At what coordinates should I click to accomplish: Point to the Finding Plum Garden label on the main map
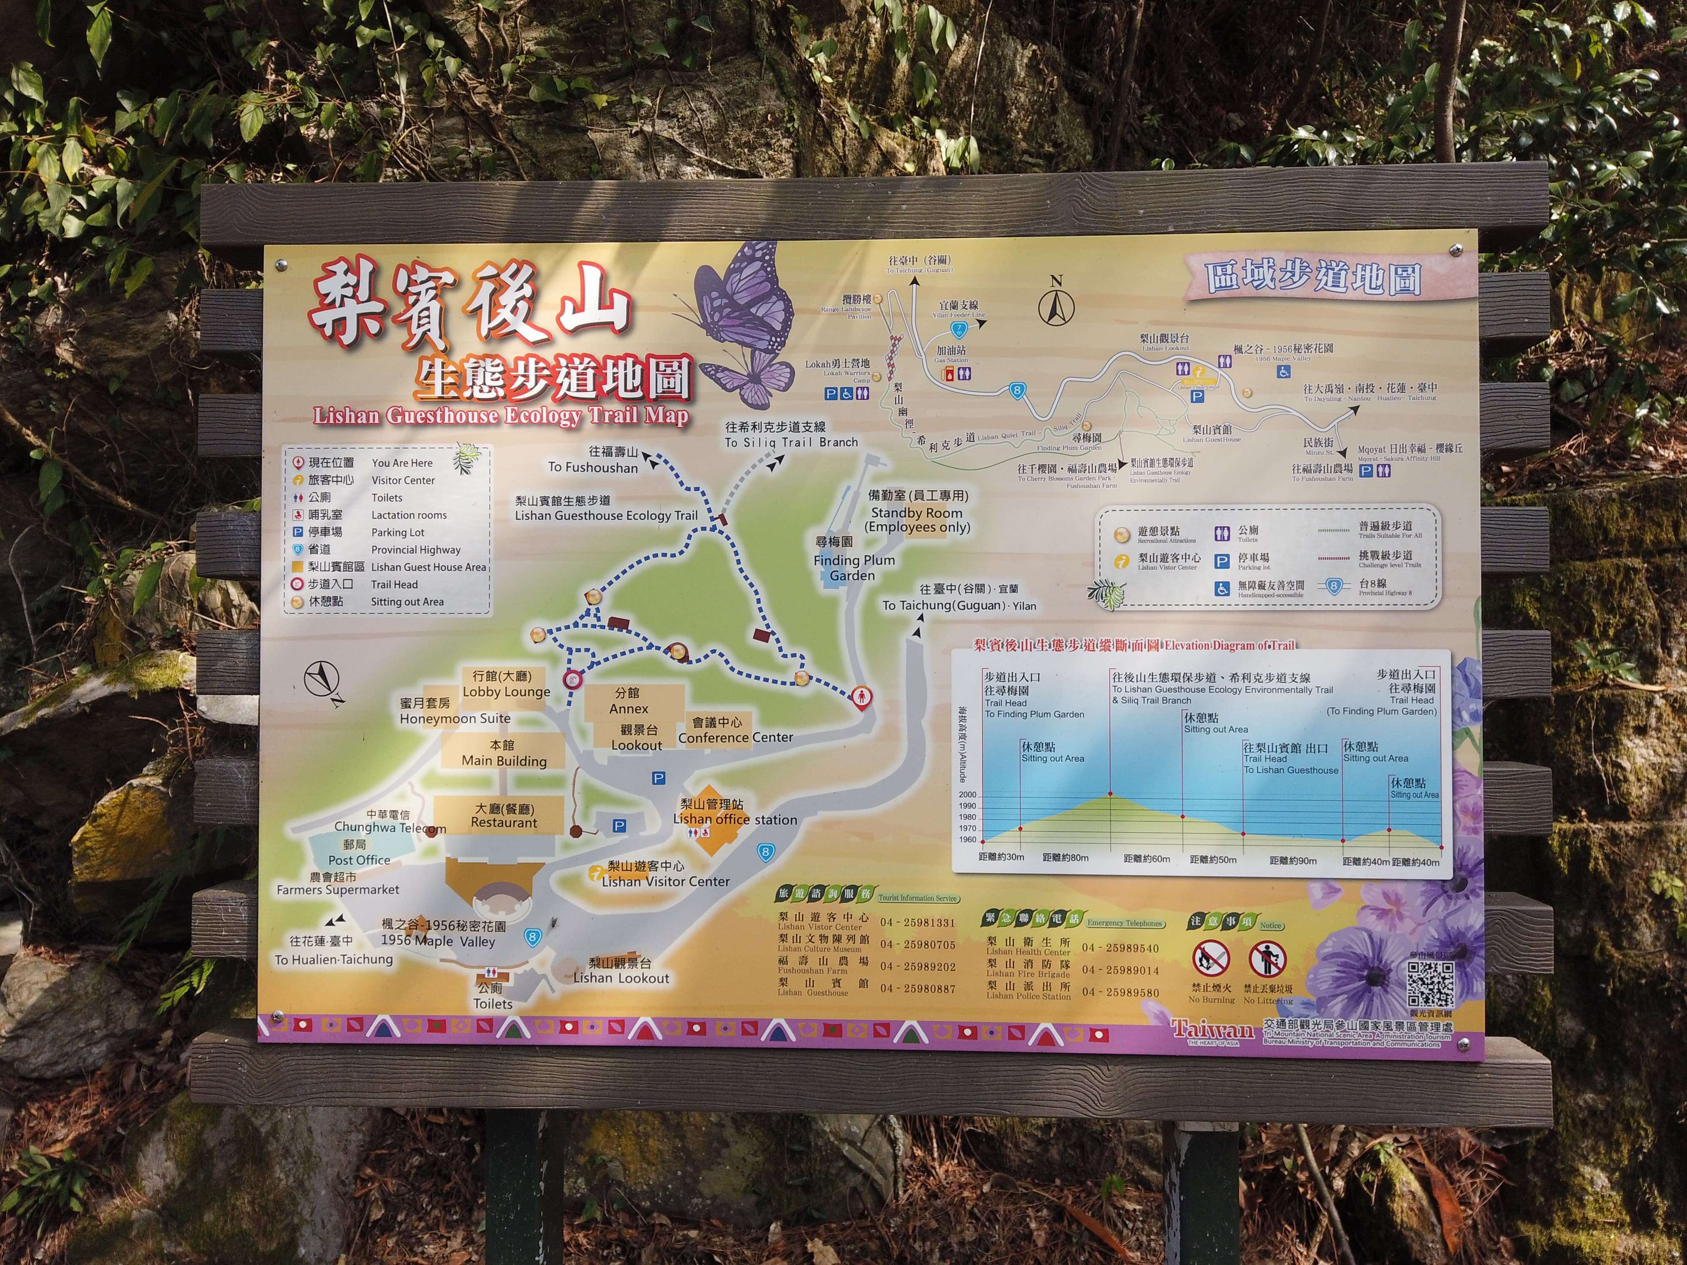pyautogui.click(x=854, y=567)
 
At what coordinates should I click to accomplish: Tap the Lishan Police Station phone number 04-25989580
pyautogui.click(x=1120, y=993)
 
